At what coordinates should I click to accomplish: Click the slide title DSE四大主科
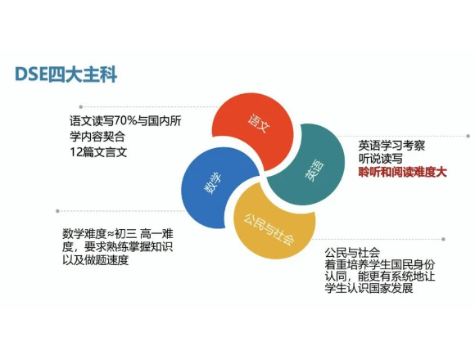[66, 74]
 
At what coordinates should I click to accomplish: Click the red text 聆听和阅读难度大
[403, 172]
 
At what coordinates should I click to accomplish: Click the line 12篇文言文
[98, 152]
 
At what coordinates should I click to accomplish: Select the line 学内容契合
[97, 137]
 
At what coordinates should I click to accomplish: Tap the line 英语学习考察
[391, 146]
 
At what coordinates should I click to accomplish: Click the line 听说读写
[381, 159]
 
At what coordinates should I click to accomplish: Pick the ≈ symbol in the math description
[111, 234]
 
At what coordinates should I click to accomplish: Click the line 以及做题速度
[96, 260]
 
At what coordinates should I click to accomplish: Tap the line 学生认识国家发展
[369, 288]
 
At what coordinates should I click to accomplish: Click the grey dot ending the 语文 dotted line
[81, 107]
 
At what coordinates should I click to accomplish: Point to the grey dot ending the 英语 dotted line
[468, 136]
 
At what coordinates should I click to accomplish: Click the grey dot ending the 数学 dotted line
[57, 211]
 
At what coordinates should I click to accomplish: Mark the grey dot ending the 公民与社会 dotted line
[443, 239]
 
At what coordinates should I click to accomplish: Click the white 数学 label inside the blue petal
[213, 184]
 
